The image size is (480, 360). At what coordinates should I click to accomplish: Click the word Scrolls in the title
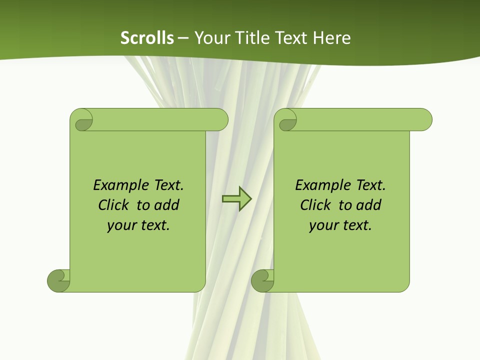(x=147, y=38)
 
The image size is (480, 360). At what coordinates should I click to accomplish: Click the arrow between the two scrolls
(x=236, y=199)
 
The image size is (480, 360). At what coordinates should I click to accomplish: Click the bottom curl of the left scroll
(x=59, y=280)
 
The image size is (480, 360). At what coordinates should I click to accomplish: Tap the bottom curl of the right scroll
(x=262, y=280)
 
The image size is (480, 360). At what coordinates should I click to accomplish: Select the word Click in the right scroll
(x=315, y=205)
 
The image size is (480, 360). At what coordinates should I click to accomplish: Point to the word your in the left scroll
(x=120, y=225)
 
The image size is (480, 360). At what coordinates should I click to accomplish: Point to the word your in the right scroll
(x=322, y=225)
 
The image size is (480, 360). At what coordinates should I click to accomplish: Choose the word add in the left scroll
(x=166, y=205)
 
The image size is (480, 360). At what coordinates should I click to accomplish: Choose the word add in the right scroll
(x=368, y=205)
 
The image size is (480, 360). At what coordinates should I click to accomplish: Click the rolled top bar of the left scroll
(x=160, y=119)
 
